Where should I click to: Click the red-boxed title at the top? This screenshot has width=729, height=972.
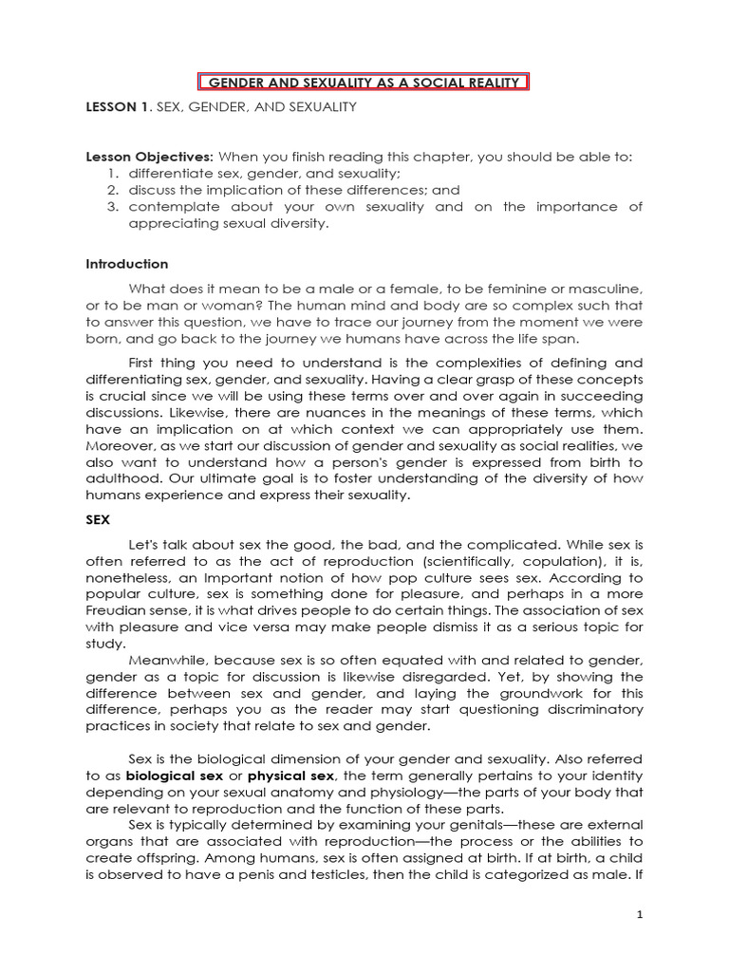[x=364, y=83]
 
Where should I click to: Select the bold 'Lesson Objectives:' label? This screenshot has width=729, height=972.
[x=150, y=157]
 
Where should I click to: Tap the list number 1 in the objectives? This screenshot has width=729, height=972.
[x=111, y=173]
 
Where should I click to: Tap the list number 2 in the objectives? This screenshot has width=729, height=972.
[x=111, y=189]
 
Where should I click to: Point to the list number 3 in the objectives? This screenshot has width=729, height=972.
[x=111, y=206]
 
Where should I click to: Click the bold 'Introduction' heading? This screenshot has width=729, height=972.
[x=127, y=264]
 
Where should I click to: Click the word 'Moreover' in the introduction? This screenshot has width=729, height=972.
[x=118, y=446]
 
